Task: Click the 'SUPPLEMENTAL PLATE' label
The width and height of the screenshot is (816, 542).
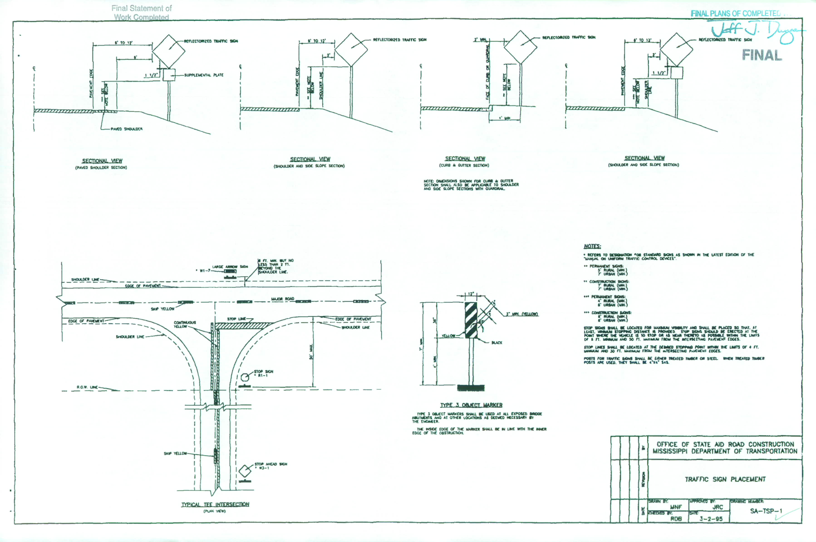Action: (204, 75)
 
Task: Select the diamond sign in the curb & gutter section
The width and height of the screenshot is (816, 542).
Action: (520, 47)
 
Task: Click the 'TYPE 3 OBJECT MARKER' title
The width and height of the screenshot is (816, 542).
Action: (471, 405)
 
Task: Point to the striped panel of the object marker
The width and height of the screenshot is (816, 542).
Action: (471, 320)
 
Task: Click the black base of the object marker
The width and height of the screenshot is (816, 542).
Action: (471, 388)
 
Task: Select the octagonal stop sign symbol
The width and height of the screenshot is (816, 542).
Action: (245, 377)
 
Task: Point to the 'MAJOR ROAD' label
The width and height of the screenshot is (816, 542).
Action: (283, 299)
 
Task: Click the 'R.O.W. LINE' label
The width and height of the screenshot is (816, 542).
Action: (87, 387)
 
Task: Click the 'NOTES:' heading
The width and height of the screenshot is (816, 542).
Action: (592, 246)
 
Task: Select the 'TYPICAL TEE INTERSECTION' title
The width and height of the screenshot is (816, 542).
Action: (215, 504)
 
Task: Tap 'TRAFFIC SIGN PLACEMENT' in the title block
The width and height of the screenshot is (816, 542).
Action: (725, 479)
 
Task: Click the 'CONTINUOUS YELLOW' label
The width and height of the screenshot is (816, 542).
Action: (185, 324)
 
